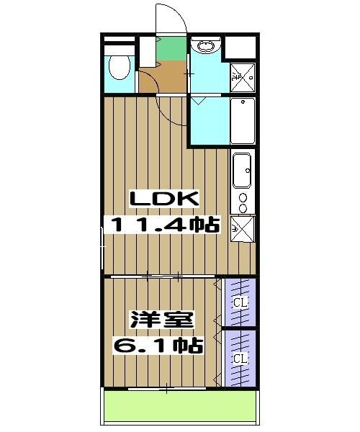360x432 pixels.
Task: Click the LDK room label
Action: pyautogui.click(x=164, y=199)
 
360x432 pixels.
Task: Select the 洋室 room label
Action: pyautogui.click(x=161, y=320)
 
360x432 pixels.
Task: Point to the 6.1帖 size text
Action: pyautogui.click(x=158, y=345)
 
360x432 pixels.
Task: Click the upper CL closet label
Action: pyautogui.click(x=240, y=302)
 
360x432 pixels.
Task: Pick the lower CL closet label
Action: pyautogui.click(x=240, y=359)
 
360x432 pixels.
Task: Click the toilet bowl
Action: pyautogui.click(x=120, y=67)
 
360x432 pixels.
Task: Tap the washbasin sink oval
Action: pyautogui.click(x=205, y=46)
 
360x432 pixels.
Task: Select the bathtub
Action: pyautogui.click(x=243, y=121)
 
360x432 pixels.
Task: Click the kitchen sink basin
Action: pyautogui.click(x=242, y=171)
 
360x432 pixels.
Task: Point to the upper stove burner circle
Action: pyautogui.click(x=243, y=197)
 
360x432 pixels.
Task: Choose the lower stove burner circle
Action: pyautogui.click(x=243, y=208)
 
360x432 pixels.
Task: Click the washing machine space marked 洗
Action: pyautogui.click(x=243, y=78)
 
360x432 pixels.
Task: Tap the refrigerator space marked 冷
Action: pyautogui.click(x=243, y=229)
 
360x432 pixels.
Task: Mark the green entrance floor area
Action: pyautogui.click(x=172, y=48)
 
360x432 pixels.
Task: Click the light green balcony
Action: pyautogui.click(x=180, y=405)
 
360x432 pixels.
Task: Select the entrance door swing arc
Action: pyautogui.click(x=180, y=14)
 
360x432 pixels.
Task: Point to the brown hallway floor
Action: pyautogui.click(x=163, y=77)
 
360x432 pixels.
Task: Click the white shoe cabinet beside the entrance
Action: pyautogui.click(x=148, y=52)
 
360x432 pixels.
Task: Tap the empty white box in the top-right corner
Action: pyautogui.click(x=240, y=47)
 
